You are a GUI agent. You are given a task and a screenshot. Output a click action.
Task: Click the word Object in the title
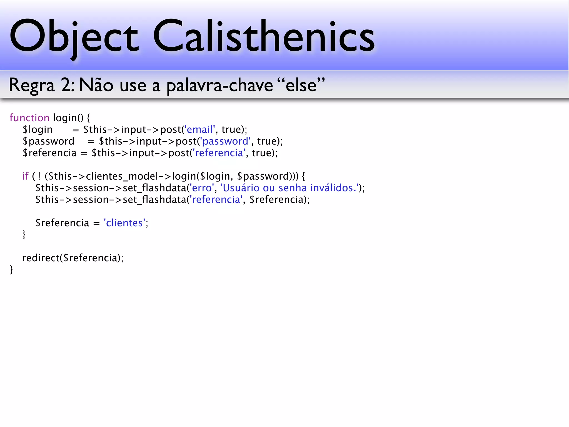point(74,36)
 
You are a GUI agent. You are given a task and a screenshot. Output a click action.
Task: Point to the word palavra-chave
point(219,86)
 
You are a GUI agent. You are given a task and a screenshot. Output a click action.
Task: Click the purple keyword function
point(29,118)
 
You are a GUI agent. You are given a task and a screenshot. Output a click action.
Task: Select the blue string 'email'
point(199,130)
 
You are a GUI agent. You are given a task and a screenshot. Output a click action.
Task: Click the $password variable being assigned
point(49,141)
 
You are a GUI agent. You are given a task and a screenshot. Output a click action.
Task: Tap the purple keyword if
point(25,176)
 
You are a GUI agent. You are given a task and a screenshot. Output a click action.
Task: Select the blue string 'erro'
point(202,188)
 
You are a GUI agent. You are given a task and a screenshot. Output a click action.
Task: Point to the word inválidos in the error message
point(333,188)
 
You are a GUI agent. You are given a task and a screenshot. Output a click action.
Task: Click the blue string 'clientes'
point(124,223)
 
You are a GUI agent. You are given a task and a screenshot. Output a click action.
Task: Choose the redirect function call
point(41,258)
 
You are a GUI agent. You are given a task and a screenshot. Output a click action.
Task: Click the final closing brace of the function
point(11,270)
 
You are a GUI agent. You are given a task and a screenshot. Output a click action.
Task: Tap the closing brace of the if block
point(24,235)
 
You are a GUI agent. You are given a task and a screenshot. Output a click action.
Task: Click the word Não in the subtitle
point(96,85)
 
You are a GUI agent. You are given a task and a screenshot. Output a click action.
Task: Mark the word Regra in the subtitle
point(31,86)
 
